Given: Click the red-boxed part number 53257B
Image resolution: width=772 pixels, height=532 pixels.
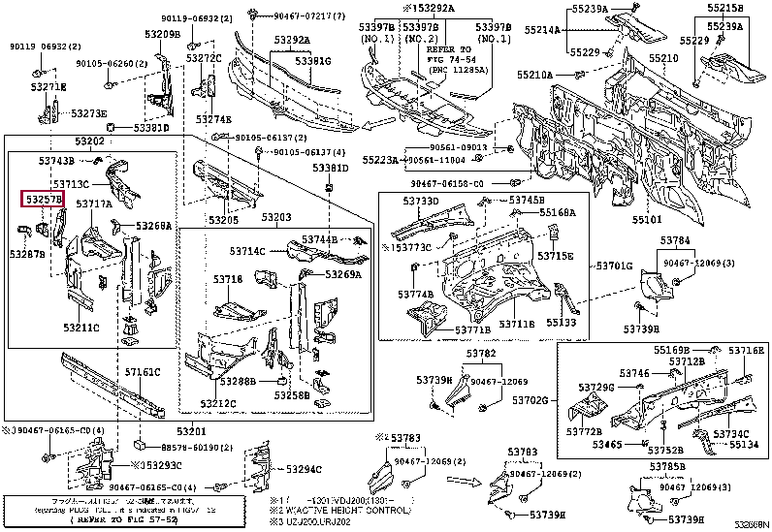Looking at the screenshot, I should (44, 200).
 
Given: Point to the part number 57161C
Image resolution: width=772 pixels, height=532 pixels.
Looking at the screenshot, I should (143, 372).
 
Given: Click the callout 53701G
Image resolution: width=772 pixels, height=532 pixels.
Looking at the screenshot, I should (614, 266).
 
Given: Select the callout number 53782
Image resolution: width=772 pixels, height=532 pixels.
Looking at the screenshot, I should (480, 354).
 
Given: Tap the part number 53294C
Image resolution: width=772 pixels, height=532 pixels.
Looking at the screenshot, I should (303, 469).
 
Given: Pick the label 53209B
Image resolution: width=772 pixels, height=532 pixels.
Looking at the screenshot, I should (163, 35).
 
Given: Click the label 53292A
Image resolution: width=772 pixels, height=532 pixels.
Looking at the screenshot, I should (291, 40).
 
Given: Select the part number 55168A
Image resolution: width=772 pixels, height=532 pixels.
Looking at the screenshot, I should (557, 212).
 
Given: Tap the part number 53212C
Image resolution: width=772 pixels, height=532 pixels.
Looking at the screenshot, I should (218, 403).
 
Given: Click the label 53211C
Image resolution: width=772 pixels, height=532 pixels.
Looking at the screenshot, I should (82, 328).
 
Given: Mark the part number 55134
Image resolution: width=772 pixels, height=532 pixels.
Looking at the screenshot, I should (745, 444).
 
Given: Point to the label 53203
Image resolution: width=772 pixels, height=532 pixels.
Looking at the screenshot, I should (275, 220).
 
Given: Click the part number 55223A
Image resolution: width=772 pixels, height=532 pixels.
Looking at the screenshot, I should (379, 159).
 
